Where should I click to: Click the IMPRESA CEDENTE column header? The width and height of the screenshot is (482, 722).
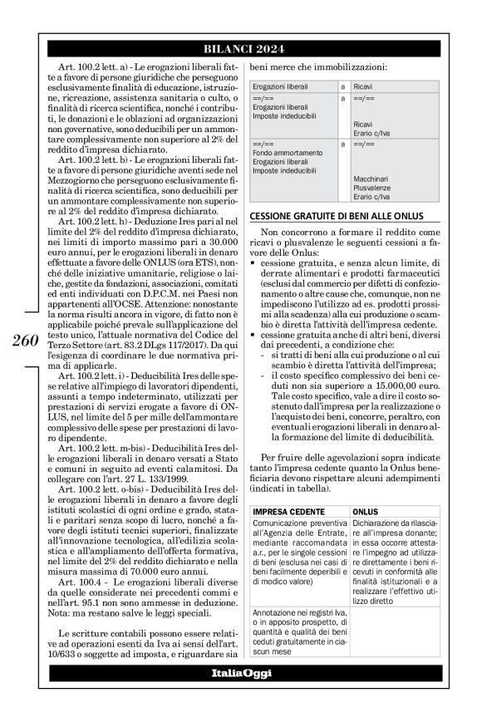pos(287,511)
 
